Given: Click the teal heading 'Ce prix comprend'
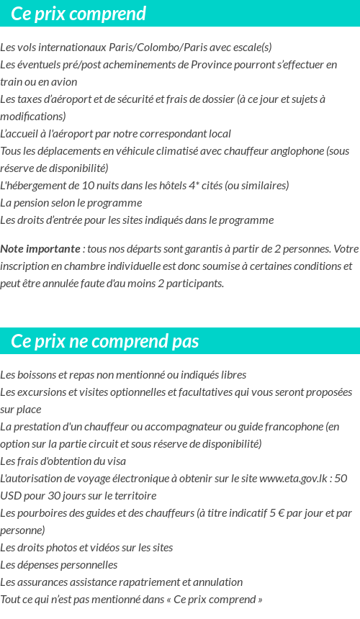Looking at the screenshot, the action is coord(78,14).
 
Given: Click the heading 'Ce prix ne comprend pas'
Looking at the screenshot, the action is coord(105,341).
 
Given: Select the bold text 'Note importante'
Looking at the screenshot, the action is coord(40,249).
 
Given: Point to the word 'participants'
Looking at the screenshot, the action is coord(194,284).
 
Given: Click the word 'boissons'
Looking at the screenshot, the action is coord(38,375).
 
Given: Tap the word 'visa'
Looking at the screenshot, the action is coord(114,461).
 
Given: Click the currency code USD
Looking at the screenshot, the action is coord(11,496).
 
